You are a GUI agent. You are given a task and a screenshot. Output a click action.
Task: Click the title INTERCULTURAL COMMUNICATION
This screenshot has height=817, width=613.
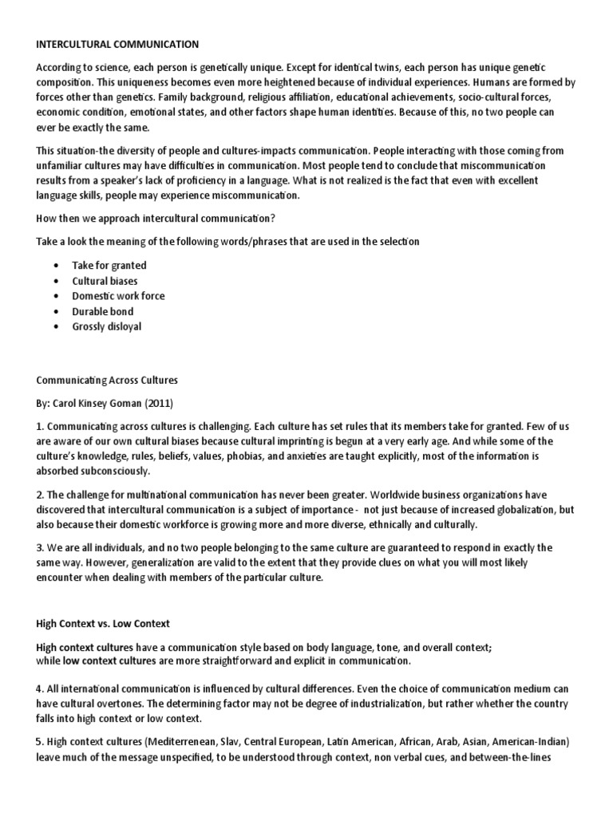(117, 44)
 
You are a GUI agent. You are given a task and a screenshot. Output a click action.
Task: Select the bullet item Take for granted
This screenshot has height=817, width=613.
(109, 266)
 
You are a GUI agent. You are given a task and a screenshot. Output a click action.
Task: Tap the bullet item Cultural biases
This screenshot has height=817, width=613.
(105, 281)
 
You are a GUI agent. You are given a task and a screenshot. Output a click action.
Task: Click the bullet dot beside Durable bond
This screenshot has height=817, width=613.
(55, 311)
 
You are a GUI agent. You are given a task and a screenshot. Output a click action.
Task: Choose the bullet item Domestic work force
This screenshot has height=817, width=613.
(119, 296)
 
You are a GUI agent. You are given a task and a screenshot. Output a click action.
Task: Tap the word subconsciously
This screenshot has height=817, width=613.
(115, 472)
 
